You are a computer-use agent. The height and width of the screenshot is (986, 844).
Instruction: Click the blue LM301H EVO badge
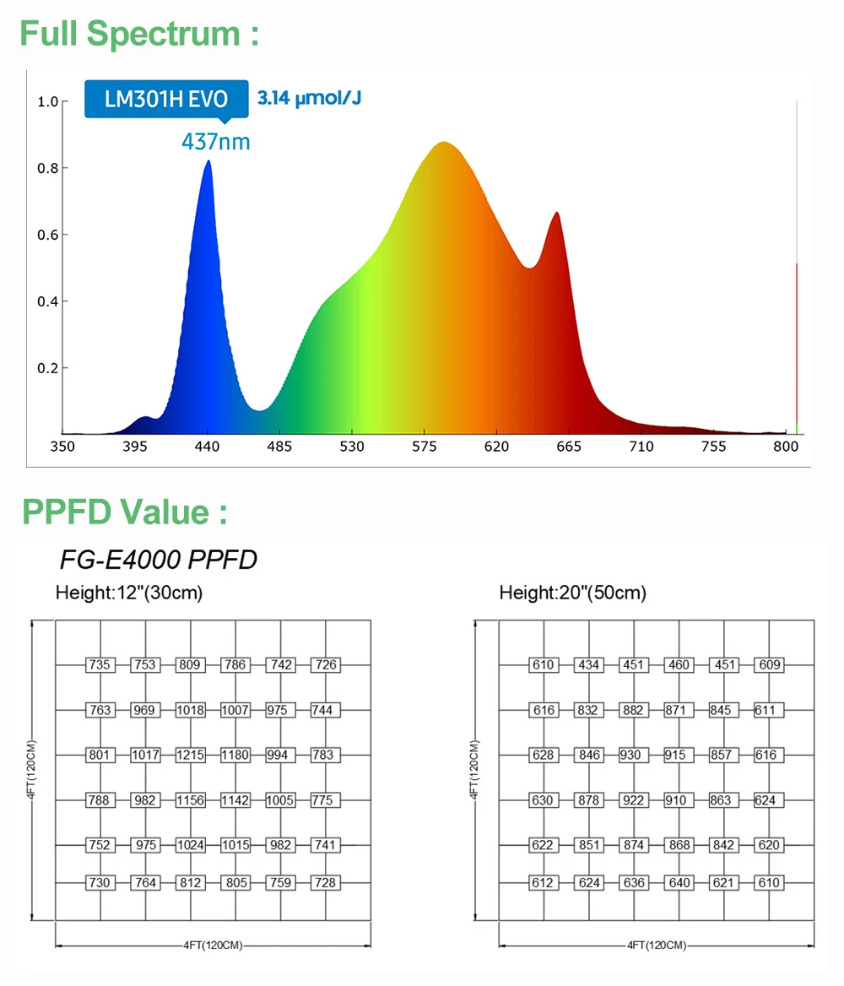(x=166, y=99)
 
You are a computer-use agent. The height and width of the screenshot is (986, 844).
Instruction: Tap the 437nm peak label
(x=216, y=141)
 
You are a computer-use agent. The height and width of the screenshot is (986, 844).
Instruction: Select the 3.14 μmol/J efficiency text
(x=309, y=98)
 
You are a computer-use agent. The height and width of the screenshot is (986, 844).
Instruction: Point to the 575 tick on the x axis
(x=424, y=446)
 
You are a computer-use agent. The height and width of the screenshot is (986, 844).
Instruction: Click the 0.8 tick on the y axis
(x=47, y=168)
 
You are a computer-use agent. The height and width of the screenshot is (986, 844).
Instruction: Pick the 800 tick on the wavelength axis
(x=786, y=446)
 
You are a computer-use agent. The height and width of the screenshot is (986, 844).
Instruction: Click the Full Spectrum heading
(x=139, y=34)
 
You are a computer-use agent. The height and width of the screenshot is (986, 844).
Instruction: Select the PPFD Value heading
(x=124, y=512)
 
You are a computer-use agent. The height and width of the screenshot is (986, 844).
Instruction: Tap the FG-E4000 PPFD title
(x=159, y=560)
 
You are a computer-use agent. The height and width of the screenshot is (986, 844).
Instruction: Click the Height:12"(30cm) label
(x=129, y=593)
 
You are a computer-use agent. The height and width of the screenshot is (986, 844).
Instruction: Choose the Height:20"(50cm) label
(x=573, y=593)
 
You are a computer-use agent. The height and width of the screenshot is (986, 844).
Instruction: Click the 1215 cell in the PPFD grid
(x=191, y=755)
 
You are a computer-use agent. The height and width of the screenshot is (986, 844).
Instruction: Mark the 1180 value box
(x=235, y=755)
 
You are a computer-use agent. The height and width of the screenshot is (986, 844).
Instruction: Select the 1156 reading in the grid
(x=191, y=799)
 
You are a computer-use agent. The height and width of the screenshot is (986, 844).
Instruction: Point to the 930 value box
(x=630, y=755)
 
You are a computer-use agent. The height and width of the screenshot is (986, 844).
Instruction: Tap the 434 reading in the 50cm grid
(x=588, y=664)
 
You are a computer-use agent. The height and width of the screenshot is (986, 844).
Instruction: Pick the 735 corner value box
(x=100, y=664)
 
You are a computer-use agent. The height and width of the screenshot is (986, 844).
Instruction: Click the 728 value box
(x=325, y=882)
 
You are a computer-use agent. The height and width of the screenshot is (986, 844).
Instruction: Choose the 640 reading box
(x=679, y=882)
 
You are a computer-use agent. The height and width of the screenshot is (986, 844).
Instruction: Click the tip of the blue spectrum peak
(x=208, y=161)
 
